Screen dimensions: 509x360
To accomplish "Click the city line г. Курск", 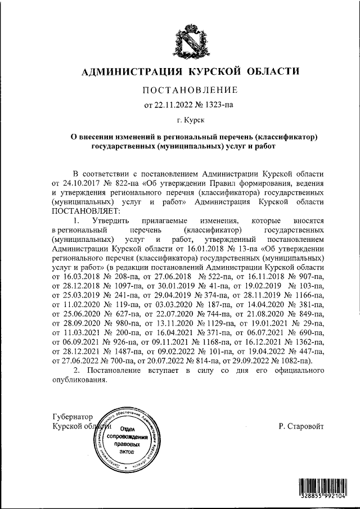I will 191,120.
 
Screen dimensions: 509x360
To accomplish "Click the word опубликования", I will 79,381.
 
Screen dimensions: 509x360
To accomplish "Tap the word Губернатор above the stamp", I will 71,417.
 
